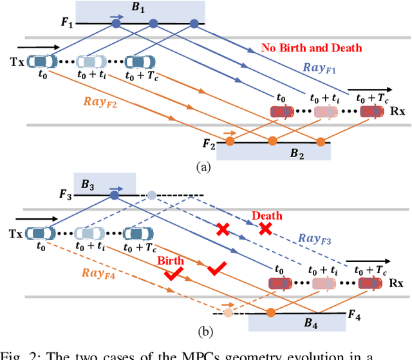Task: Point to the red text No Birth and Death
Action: pos(312,48)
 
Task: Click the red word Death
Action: pos(267,216)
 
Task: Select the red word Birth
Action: pos(171,261)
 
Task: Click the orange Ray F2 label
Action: pos(101,101)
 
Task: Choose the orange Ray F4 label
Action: pos(99,272)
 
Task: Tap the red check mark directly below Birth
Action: pos(172,274)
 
